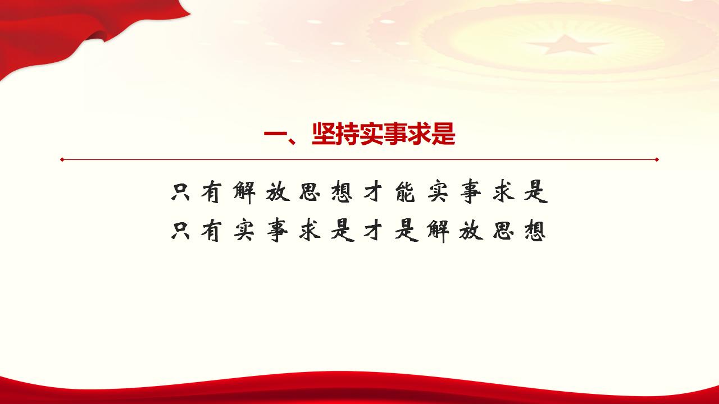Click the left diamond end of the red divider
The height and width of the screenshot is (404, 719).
pos(62,159)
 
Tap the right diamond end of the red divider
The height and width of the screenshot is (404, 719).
pos(657,159)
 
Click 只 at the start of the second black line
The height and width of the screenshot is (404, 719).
pos(181,231)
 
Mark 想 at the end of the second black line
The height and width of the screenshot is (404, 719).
pos(534,231)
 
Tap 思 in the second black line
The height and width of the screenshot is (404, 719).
pos(502,231)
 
